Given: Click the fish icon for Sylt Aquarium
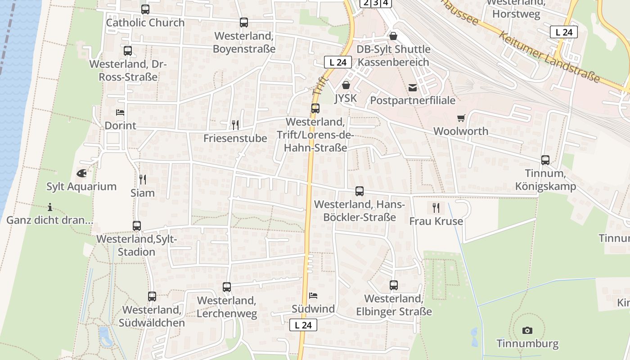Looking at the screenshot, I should pos(81,173).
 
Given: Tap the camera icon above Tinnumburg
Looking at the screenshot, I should pos(527,331).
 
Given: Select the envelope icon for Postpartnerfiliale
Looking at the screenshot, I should pos(413,88).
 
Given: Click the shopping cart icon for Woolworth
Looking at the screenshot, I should pos(461,118).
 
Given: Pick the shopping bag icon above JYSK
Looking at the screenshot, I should pos(346,85).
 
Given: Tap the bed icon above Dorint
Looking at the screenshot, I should pos(120,112).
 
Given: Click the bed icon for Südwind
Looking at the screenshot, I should pos(313,296).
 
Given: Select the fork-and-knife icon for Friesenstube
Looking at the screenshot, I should pos(235,125).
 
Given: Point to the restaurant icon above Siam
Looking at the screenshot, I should pos(143,180).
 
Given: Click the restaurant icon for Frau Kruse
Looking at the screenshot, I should pos(436,208).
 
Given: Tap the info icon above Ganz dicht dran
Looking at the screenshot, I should pos(49,207).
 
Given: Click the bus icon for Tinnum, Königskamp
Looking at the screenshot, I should pos(545,160).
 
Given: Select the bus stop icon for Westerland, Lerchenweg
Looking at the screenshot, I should pos(227,287).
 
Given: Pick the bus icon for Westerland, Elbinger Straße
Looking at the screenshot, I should pos(394,285).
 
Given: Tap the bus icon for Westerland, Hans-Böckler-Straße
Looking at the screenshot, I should pos(360,191).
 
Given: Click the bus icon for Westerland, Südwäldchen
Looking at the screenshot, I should pos(152,297).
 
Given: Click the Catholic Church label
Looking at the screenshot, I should pos(145,22).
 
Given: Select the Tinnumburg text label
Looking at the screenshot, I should pos(527,344).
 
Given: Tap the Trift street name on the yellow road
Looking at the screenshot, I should pos(318,86).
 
